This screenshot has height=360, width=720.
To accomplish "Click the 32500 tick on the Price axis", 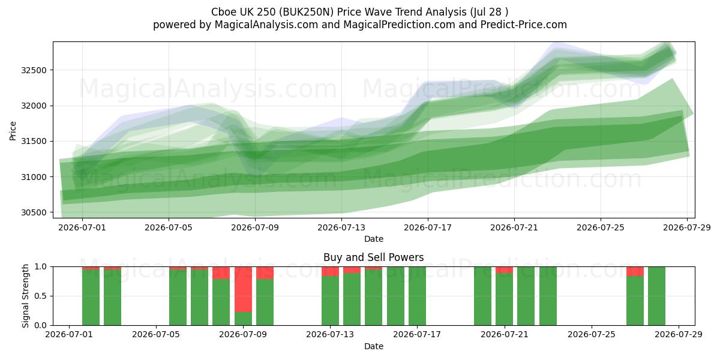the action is (x=34, y=70).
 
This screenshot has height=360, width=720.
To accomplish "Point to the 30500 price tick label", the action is (x=34, y=213).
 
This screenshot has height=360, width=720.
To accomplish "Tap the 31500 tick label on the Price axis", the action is (x=34, y=142).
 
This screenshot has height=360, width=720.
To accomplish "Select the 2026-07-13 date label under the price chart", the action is (x=341, y=227).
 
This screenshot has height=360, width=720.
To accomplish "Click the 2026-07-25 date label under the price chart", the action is (x=601, y=227).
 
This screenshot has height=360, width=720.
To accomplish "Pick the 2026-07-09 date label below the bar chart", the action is (x=243, y=334).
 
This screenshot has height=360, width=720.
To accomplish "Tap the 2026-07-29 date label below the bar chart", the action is (x=679, y=334).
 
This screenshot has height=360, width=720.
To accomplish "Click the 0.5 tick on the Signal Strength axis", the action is (x=41, y=296).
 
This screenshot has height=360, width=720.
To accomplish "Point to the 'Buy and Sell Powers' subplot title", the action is (x=373, y=257).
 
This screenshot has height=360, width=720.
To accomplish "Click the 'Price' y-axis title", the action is (x=13, y=131).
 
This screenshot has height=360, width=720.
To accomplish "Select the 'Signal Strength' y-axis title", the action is (x=25, y=296).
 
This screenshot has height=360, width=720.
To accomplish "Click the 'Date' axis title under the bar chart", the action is (x=373, y=346).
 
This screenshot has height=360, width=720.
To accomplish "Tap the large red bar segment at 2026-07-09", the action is (x=244, y=289).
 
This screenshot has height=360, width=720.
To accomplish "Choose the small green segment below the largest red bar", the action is (x=244, y=319).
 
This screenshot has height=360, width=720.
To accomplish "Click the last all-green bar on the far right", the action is (x=656, y=296).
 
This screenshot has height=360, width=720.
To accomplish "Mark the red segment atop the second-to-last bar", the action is (x=635, y=271).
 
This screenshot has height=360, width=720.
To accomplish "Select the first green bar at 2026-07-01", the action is (x=91, y=298).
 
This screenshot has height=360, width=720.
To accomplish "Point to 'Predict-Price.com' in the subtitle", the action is (x=524, y=25).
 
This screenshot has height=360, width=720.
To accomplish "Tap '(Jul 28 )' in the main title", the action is (x=489, y=12).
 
